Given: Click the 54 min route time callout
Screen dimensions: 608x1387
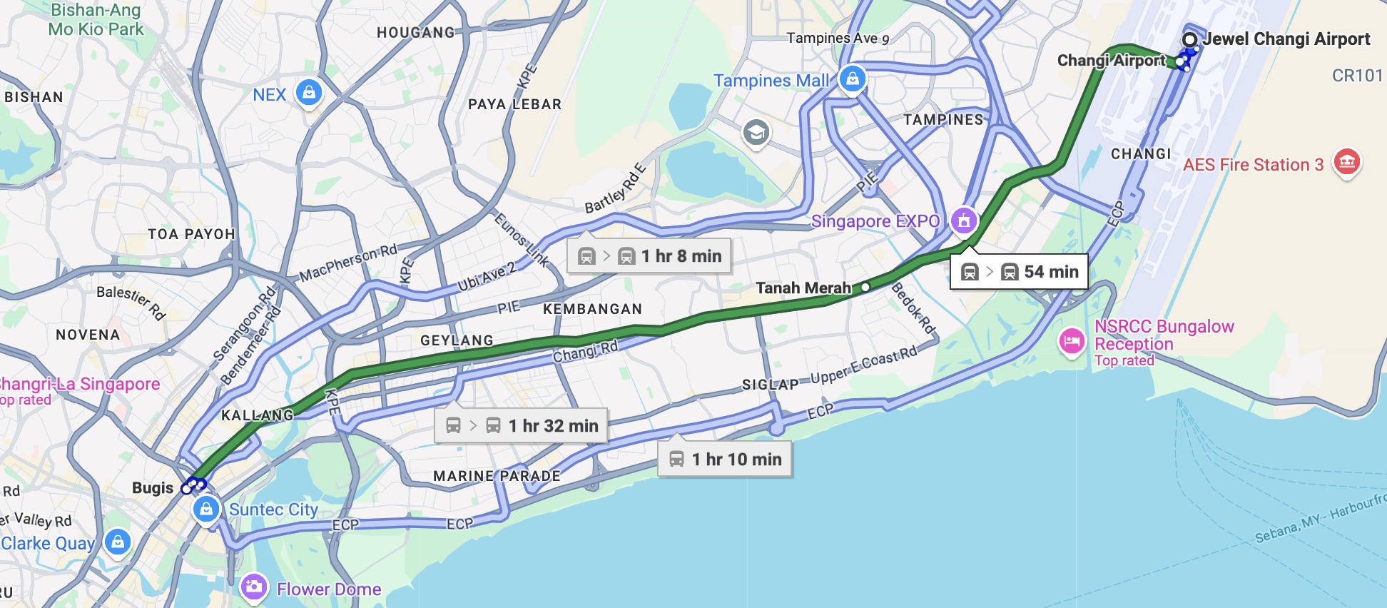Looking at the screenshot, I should point(1019,272).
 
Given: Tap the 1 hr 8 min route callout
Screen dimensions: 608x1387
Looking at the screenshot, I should point(649,256).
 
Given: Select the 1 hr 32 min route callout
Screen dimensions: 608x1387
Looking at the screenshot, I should point(521,426).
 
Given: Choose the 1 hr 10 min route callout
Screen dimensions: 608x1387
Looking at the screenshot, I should point(725,460).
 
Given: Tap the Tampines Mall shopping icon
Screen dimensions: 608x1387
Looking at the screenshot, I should point(853,78).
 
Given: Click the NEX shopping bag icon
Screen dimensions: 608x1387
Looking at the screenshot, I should point(309,93).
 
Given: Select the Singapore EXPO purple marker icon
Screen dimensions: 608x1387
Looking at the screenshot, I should point(964,221).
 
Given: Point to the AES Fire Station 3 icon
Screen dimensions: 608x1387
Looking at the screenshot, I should point(1347,162).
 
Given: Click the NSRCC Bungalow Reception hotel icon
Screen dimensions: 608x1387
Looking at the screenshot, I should point(1072,341).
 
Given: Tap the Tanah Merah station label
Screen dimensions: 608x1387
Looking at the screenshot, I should point(803,288).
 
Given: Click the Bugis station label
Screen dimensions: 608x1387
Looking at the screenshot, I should point(153,488).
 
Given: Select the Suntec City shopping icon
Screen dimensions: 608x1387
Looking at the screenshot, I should point(206,509).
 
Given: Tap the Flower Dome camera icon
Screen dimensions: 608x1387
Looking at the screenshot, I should point(253,587).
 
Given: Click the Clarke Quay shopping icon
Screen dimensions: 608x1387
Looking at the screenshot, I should point(118,542).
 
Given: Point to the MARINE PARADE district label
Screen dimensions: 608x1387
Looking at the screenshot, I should point(497,476).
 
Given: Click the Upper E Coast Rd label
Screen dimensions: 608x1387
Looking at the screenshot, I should point(863,365).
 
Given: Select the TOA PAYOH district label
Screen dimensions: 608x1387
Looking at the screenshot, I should point(191,234).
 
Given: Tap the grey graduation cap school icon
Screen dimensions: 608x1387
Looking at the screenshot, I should point(756,132).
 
